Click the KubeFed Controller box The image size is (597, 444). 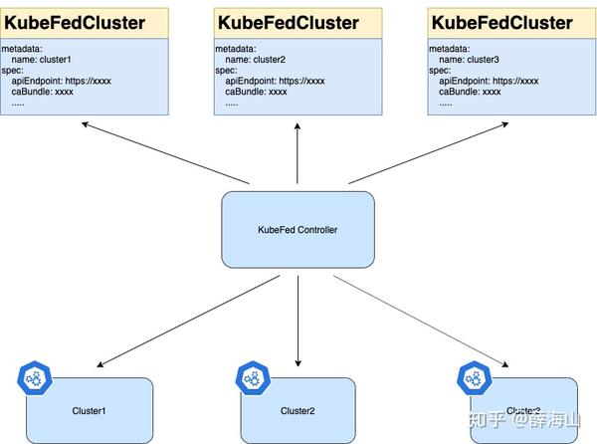[298, 230]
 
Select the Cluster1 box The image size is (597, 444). [90, 410]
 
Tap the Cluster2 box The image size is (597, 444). [298, 410]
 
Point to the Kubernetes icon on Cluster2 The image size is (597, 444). [252, 377]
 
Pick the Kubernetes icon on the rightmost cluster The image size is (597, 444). [473, 377]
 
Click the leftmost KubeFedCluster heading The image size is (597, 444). [75, 22]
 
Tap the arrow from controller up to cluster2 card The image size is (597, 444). [298, 154]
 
